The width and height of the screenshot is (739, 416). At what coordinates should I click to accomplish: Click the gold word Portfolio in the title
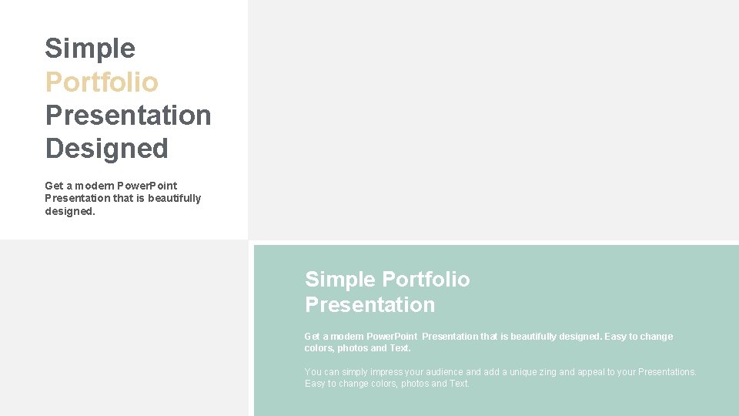pos(102,82)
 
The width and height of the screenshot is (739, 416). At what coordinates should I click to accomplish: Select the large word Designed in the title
pos(106,148)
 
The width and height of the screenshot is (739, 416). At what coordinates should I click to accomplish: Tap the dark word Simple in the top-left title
pos(90,49)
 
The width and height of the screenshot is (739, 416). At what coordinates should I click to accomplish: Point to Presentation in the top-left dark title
pos(128,115)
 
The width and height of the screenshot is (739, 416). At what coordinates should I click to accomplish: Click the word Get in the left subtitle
pos(54,186)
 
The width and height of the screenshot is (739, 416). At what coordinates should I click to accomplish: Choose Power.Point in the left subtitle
pos(148,186)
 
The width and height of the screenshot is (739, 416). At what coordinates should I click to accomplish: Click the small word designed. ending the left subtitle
pos(70,211)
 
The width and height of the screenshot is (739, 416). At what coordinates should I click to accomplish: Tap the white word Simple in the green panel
pos(340,279)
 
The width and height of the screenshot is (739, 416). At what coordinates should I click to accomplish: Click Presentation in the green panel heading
pos(369,304)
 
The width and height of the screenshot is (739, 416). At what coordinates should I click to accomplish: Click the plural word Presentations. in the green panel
pos(667,372)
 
